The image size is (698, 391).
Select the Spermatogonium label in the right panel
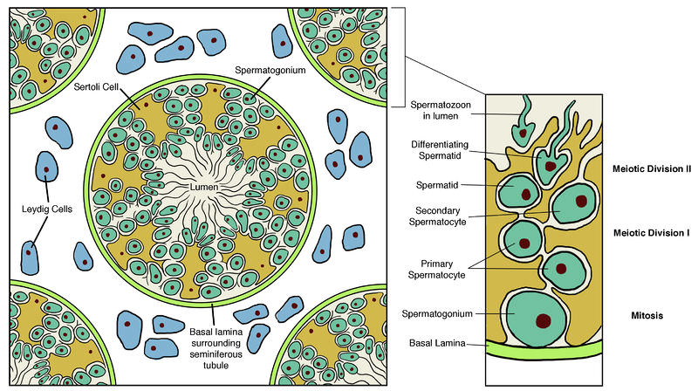[x=438, y=312]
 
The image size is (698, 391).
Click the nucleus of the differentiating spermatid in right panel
[x=551, y=164]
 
